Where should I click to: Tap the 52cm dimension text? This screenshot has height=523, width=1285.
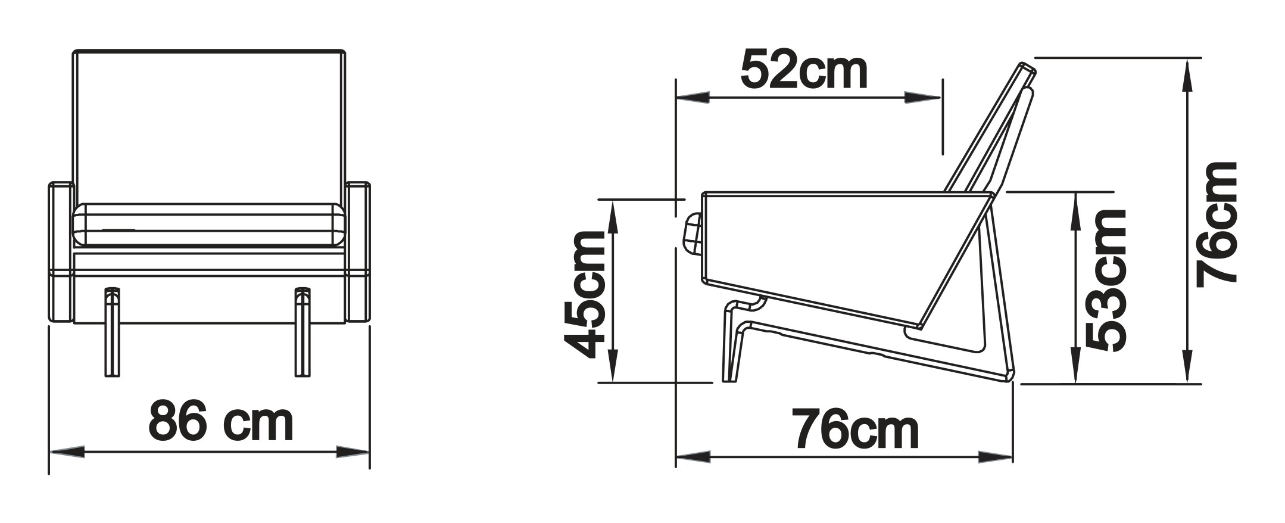tap(804, 70)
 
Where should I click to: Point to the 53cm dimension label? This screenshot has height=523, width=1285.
tap(1105, 280)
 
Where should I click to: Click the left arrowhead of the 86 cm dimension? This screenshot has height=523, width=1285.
tap(66, 452)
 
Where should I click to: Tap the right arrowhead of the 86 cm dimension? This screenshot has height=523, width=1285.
tap(353, 452)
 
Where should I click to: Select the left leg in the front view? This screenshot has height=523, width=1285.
tap(111, 332)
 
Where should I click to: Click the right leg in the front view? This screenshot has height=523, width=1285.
tap(302, 332)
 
